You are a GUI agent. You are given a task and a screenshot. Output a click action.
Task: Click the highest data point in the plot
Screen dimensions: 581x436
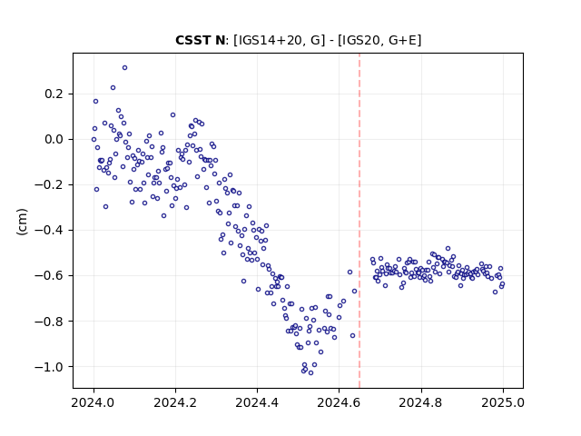click(125, 68)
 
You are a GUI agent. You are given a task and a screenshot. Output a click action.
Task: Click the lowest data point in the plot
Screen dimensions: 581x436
click(310, 373)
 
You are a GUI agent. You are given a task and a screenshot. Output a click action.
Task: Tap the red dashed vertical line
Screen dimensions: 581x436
click(359, 221)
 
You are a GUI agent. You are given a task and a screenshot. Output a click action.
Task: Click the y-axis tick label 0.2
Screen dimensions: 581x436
click(54, 94)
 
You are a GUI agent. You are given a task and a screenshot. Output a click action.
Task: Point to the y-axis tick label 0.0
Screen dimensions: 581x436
click(54, 139)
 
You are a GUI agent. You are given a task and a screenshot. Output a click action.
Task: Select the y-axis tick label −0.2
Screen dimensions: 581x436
click(49, 184)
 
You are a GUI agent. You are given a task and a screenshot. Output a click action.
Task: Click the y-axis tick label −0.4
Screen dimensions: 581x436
click(49, 230)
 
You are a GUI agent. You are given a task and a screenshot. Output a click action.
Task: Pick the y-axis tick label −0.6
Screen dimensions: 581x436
click(49, 275)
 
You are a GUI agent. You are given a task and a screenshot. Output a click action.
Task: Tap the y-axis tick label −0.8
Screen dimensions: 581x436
click(49, 321)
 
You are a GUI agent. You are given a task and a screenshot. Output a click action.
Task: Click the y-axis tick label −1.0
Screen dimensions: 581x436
click(49, 367)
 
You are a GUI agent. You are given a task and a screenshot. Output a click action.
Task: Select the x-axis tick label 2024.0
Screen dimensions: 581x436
click(94, 402)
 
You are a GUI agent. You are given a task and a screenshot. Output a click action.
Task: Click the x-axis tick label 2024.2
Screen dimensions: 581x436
click(175, 402)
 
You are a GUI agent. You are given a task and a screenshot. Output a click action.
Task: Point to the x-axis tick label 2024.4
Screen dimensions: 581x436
click(257, 402)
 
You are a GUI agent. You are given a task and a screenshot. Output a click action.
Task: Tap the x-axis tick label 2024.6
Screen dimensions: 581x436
click(339, 402)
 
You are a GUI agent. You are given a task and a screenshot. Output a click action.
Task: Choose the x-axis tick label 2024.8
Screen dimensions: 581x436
click(421, 402)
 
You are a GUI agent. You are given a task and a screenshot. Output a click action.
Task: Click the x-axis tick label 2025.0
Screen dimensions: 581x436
click(503, 402)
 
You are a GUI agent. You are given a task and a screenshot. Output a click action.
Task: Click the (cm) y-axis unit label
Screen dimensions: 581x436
click(22, 222)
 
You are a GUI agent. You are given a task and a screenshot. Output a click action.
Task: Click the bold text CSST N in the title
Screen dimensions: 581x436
click(200, 40)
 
